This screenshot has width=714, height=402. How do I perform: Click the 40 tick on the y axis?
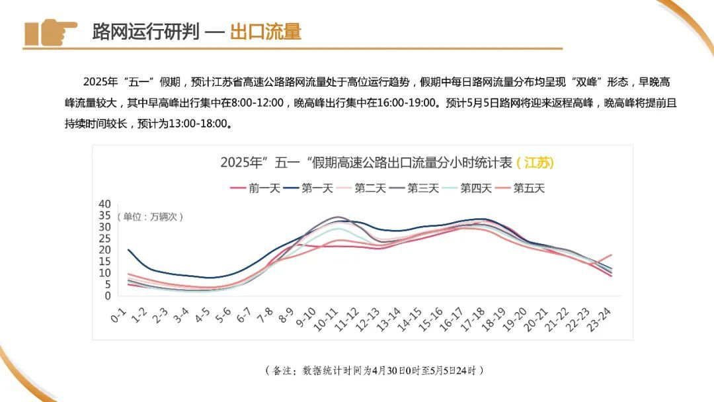pos(104,204)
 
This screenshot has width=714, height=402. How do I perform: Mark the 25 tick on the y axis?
pos(104,239)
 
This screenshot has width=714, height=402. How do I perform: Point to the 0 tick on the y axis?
pos(108,296)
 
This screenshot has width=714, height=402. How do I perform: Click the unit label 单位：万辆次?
pos(151,216)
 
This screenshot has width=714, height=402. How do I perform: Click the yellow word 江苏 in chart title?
pos(535,163)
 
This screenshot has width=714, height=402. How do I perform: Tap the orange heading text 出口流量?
pos(265,32)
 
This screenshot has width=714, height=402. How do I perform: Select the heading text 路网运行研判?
pos(145,32)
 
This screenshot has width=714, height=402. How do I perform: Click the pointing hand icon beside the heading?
pos(50,31)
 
